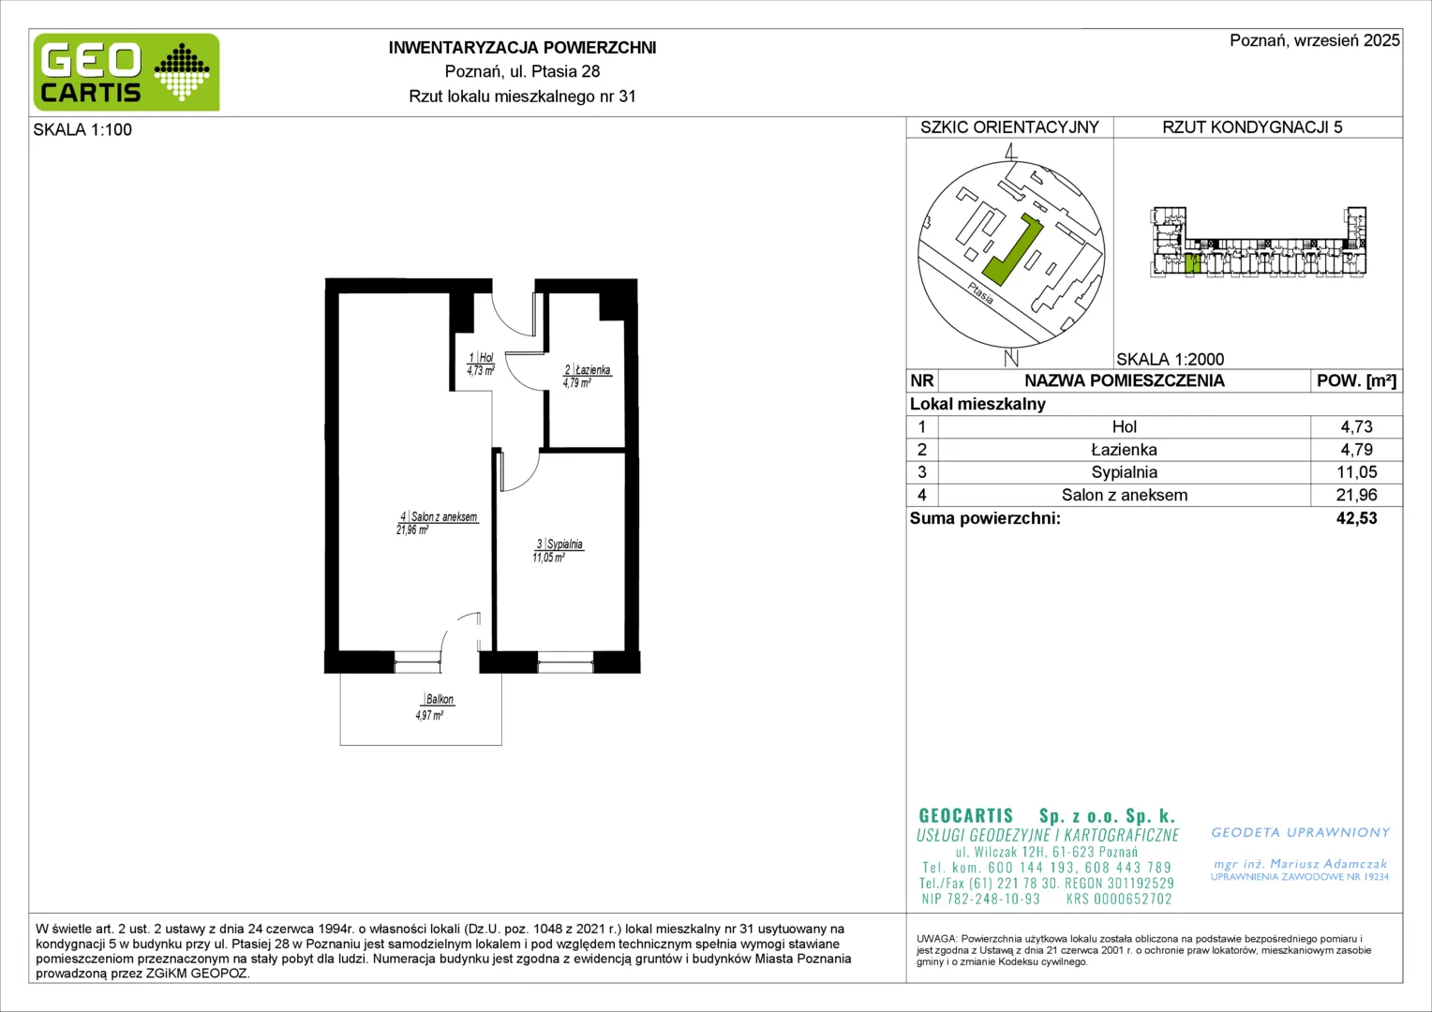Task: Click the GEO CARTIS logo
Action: (127, 72)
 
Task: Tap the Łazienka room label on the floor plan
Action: (588, 370)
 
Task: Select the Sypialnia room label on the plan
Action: (560, 544)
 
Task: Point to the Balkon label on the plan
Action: (440, 699)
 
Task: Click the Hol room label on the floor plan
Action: (482, 358)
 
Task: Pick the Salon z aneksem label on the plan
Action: (439, 516)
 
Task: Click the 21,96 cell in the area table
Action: (1356, 495)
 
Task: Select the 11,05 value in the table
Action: (1356, 472)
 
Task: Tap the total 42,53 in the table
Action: (1356, 518)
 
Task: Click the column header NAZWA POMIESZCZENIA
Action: (1124, 381)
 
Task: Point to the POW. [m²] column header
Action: (1356, 381)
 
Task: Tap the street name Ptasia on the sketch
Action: (980, 293)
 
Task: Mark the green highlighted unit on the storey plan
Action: (1189, 263)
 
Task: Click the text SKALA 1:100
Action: (82, 129)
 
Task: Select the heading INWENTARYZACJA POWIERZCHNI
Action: (522, 48)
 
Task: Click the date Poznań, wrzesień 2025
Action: (1314, 40)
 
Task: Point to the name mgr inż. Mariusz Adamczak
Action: (1300, 864)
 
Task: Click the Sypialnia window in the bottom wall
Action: (565, 662)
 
